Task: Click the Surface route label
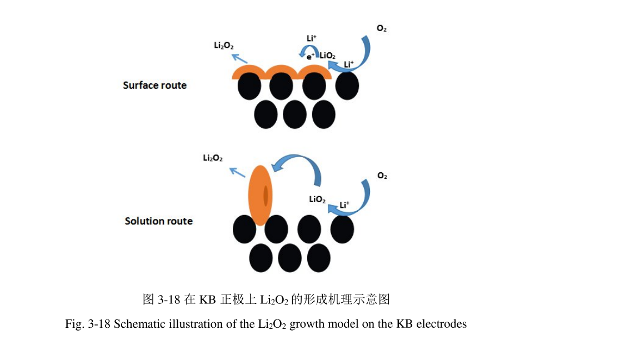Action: point(154,86)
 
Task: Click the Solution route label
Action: point(158,221)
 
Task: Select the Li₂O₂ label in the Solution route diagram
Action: point(213,159)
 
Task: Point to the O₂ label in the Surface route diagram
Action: point(382,28)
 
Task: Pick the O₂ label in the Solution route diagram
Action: point(382,176)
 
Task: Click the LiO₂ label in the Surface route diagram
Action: point(328,56)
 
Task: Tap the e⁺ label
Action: point(311,56)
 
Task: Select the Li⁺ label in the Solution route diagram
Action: point(344,205)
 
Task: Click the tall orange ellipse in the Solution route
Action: point(260,195)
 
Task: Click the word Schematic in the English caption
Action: point(138,324)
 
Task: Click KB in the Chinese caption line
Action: point(207,300)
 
